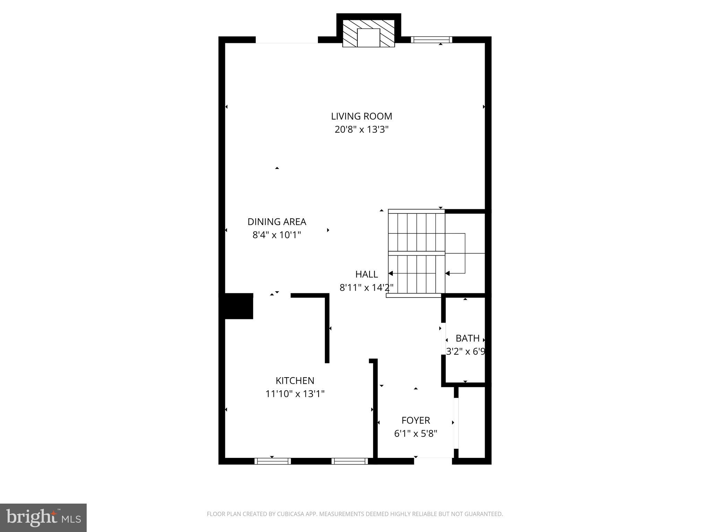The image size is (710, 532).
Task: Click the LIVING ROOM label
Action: point(361,116)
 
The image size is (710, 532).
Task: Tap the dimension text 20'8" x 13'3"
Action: point(361,130)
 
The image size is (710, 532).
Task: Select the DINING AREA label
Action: point(277,222)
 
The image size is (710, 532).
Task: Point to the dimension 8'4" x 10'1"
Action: point(277,235)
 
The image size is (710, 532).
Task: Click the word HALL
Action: point(366,274)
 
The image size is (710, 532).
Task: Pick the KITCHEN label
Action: point(295,381)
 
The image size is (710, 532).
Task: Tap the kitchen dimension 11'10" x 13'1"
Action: point(295,394)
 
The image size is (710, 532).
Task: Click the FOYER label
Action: point(416,420)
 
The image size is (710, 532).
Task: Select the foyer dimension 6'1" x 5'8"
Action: point(416,434)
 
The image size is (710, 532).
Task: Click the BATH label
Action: point(467,338)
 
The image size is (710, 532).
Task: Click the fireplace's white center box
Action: point(369,38)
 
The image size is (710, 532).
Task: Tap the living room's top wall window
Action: point(431,40)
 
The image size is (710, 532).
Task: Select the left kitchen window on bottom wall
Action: point(272,461)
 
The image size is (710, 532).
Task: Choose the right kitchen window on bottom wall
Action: point(349,461)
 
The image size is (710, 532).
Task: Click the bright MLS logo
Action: point(43,517)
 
